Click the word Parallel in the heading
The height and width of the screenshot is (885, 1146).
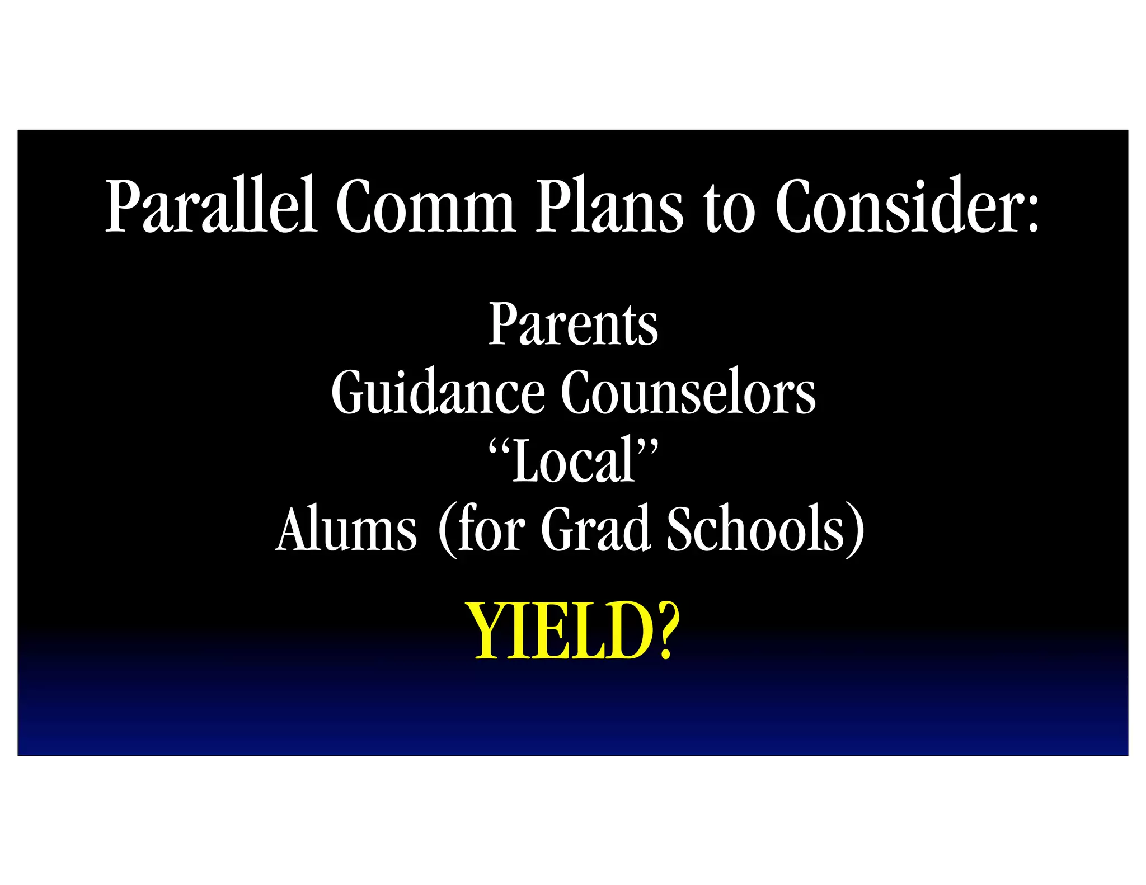click(x=212, y=205)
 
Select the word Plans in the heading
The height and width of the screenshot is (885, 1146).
click(x=609, y=205)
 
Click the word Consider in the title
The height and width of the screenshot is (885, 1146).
click(x=898, y=205)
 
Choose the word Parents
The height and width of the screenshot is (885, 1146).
click(x=573, y=324)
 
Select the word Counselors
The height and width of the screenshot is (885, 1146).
click(x=688, y=392)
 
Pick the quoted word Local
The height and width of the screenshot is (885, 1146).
click(x=574, y=460)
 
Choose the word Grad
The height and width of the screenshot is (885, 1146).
click(x=595, y=529)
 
